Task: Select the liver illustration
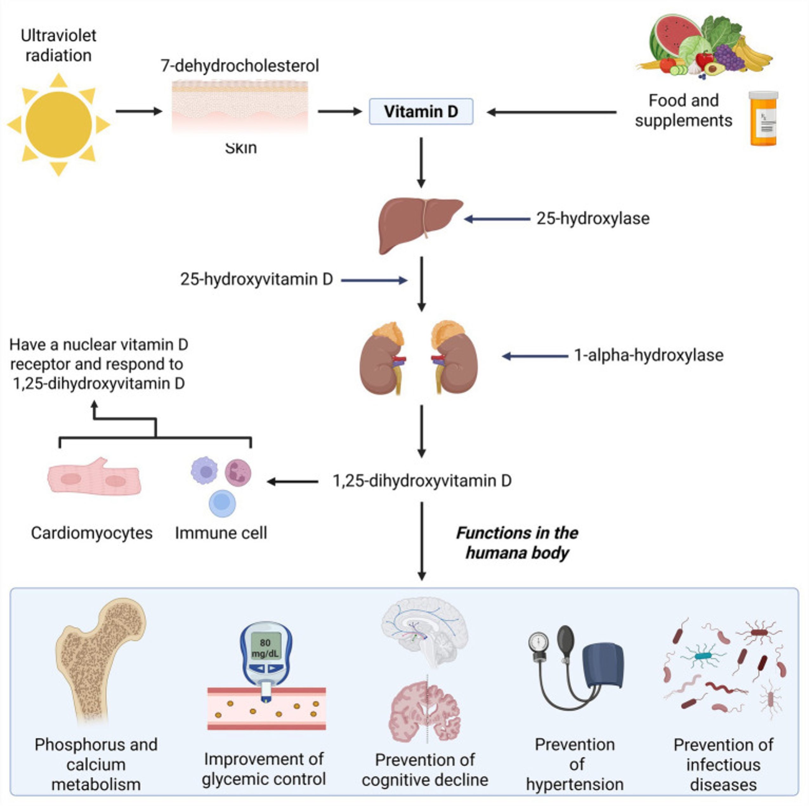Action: pos(420,225)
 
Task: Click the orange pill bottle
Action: pos(763,119)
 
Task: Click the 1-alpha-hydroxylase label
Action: pos(649,355)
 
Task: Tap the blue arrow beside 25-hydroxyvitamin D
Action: pos(374,280)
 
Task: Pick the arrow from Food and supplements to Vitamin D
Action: pos(551,112)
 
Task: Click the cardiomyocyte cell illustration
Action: pos(94,477)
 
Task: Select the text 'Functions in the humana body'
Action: pos(517,543)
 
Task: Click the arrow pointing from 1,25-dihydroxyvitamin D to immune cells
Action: pos(292,482)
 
